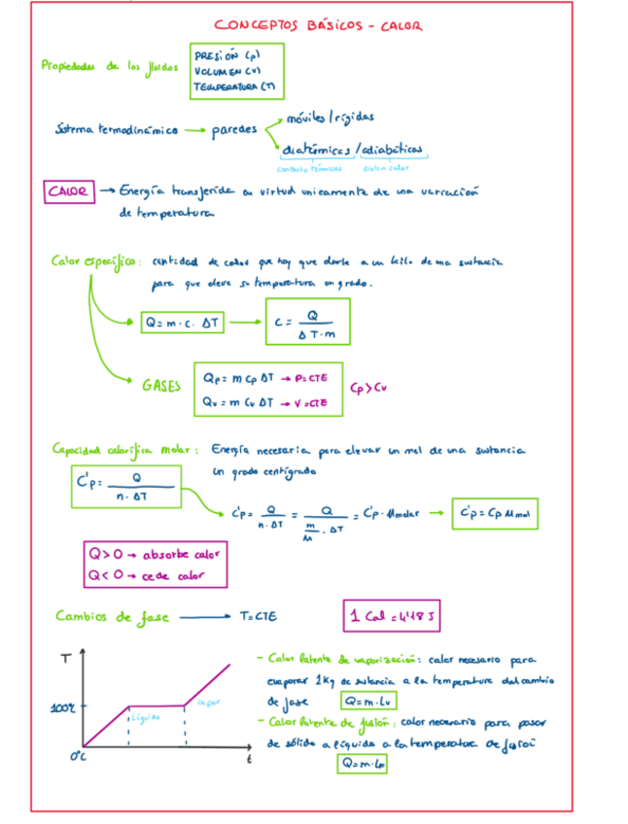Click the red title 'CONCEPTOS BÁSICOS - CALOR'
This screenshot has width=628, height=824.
pyautogui.click(x=318, y=26)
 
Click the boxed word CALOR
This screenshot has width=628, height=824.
pyautogui.click(x=69, y=191)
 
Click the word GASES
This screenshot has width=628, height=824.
pyautogui.click(x=161, y=385)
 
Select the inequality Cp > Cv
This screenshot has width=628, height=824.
pyautogui.click(x=369, y=386)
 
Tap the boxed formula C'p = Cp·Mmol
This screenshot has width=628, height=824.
pyautogui.click(x=495, y=513)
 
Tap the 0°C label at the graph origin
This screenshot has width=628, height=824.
pyautogui.click(x=64, y=757)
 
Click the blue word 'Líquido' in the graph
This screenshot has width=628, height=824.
pyautogui.click(x=145, y=717)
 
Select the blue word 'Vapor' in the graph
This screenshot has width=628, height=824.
pyautogui.click(x=206, y=701)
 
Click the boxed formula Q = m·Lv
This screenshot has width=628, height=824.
pyautogui.click(x=362, y=701)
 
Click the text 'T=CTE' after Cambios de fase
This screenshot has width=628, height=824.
pyautogui.click(x=259, y=615)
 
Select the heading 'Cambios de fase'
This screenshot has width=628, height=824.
pyautogui.click(x=107, y=616)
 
